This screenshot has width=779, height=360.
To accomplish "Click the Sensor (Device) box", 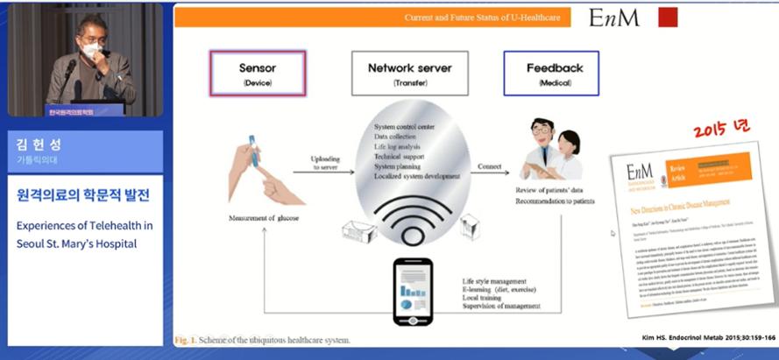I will [258, 72].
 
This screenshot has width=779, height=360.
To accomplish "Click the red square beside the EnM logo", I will [668, 18].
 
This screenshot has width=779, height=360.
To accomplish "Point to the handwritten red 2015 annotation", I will [721, 130].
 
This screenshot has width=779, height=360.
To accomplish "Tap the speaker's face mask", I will [90, 52].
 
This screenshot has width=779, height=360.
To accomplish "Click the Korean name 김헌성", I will [34, 145].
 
